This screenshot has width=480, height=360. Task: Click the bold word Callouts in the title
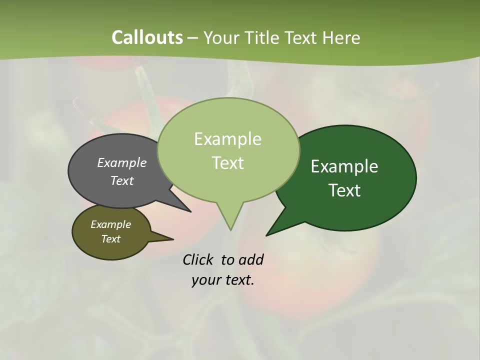(x=147, y=37)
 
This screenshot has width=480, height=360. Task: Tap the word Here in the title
(x=341, y=37)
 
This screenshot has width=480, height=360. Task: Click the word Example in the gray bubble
(x=121, y=162)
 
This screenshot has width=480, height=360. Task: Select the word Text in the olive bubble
(x=110, y=239)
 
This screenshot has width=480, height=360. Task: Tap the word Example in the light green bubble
(x=227, y=139)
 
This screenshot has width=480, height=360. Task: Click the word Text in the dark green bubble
(x=344, y=190)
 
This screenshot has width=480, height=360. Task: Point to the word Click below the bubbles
(x=199, y=259)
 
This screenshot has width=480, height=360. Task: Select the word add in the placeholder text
(x=250, y=259)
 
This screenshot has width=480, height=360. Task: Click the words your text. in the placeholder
(x=223, y=280)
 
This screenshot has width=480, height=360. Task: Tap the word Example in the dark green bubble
(x=344, y=166)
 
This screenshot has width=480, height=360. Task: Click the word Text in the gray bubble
(x=121, y=180)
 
